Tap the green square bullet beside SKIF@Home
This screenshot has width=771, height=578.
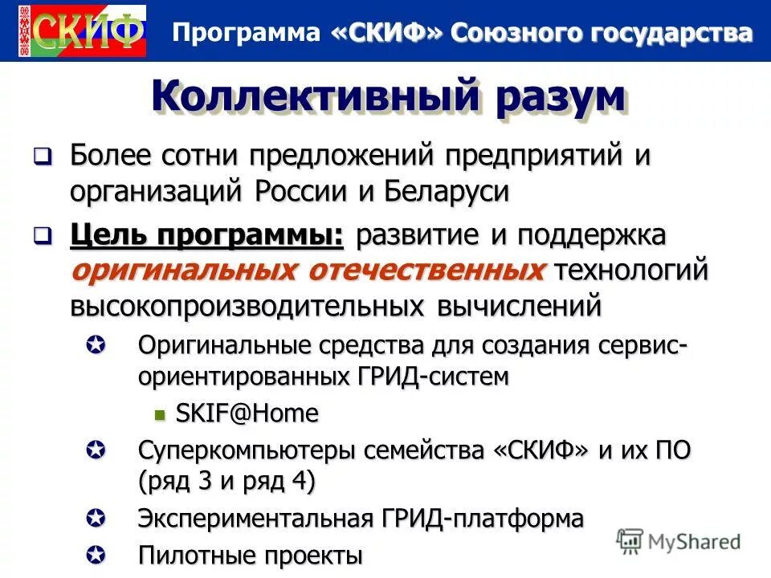pos(159,414)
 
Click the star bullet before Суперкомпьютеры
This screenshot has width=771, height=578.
pos(95,450)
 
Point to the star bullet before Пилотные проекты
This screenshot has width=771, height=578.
pos(95,554)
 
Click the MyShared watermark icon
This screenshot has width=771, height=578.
pos(630,540)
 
